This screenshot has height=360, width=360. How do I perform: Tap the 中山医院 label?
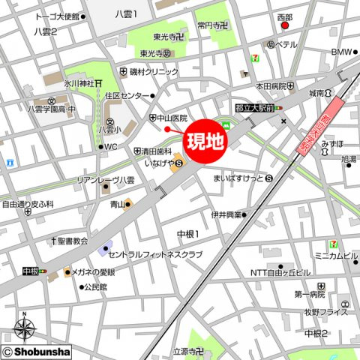click(172, 118)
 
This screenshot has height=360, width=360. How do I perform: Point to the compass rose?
click(24, 328)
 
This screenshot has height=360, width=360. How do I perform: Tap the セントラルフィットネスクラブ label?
click(159, 255)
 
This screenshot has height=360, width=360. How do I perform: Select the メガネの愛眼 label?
click(97, 271)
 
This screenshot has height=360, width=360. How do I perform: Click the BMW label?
click(341, 52)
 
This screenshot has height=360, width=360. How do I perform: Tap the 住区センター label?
click(127, 96)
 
